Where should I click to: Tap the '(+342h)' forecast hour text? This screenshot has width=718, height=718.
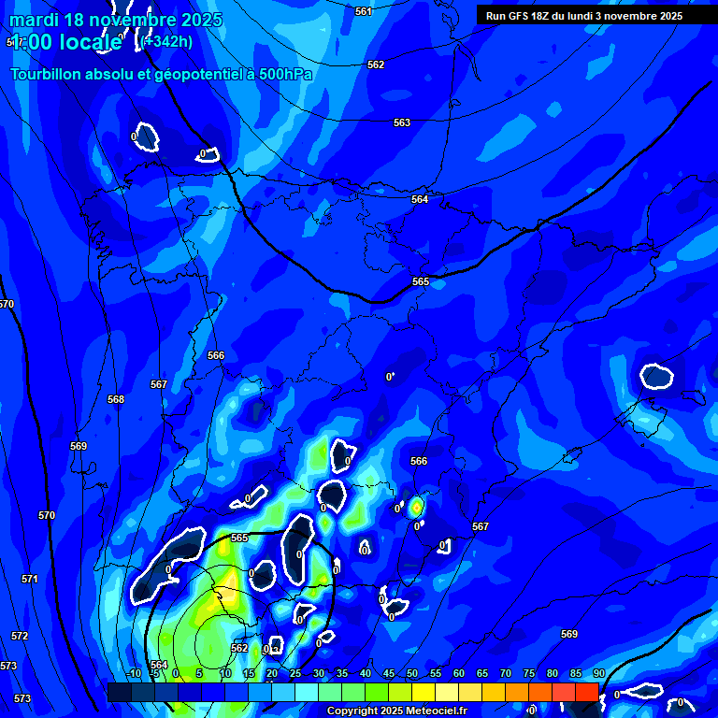pos(168,41)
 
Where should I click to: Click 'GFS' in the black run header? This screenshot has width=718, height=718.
pos(521,16)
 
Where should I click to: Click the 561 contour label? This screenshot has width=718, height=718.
pos(364,11)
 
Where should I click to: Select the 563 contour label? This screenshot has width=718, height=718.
pos(402,122)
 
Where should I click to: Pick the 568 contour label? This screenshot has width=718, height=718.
pos(116,399)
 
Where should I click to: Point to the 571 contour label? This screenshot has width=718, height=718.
pos(30,579)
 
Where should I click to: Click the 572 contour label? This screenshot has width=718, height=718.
pos(20,636)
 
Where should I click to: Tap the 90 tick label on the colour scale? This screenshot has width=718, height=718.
pos(598,673)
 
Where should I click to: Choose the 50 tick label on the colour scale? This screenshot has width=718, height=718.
pos(412,673)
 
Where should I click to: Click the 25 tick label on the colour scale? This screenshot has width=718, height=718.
pos(295,673)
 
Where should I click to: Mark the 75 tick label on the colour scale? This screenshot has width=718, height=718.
pos(529,673)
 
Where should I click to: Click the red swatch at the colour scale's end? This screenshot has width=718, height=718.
pos(586,692)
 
